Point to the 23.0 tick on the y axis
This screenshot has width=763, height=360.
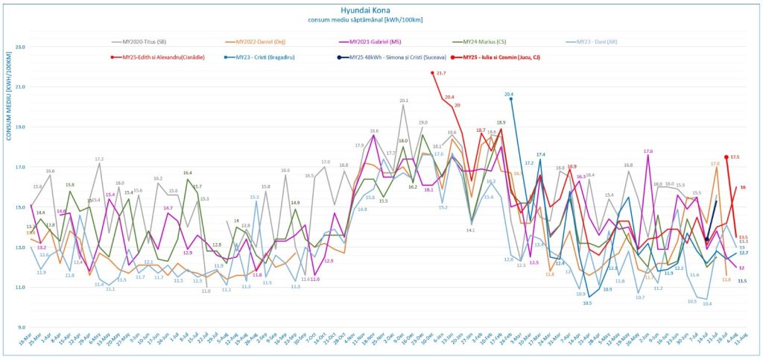tap(20, 47)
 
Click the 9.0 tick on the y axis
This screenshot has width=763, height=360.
tap(22, 327)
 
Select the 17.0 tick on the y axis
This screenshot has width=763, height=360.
tap(20, 167)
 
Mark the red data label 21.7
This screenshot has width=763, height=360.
tap(440, 73)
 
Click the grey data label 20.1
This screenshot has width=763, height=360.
tap(404, 100)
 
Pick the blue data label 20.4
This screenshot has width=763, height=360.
tap(509, 95)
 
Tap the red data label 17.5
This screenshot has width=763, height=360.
tap(735, 157)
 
